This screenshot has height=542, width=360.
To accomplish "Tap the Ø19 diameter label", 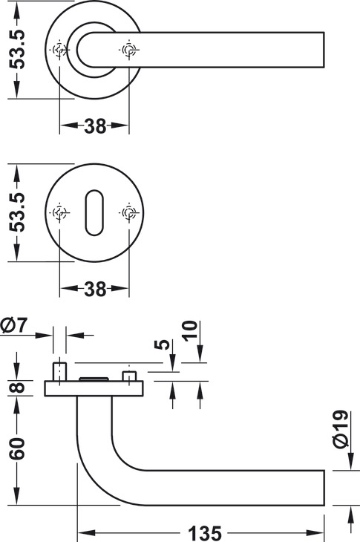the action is [340, 429].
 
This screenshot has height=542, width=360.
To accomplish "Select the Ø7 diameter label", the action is [14, 325].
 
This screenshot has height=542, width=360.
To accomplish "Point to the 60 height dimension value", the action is [17, 448].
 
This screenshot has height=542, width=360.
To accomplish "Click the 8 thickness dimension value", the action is [17, 388].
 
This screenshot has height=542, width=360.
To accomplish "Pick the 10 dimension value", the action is [190, 331].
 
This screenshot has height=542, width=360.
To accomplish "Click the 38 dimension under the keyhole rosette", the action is [95, 289].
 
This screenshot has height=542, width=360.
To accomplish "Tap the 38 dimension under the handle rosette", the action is [95, 126].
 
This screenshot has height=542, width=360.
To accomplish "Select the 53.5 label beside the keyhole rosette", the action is [17, 212].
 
